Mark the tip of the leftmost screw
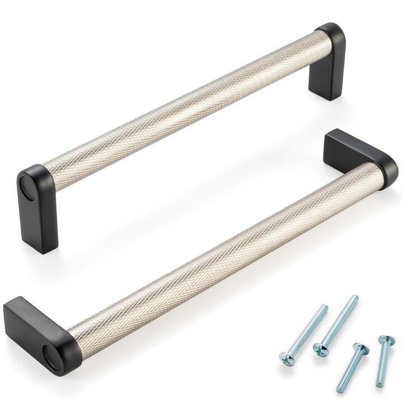[325, 307]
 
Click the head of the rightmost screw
[385, 340]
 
